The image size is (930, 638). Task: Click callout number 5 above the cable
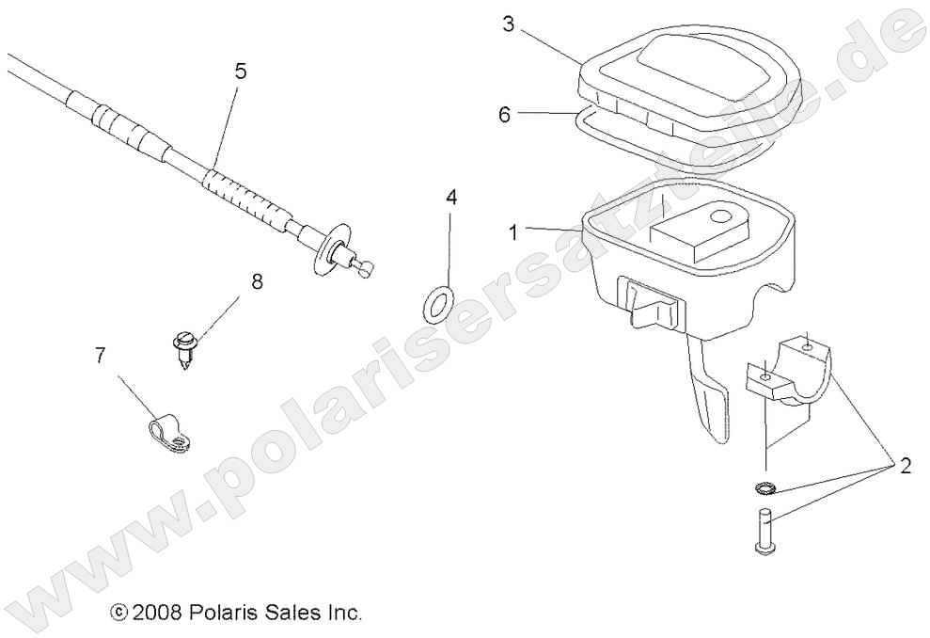pyautogui.click(x=241, y=70)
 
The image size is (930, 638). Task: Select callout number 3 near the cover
pyautogui.click(x=508, y=24)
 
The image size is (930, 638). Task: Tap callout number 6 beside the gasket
pyautogui.click(x=505, y=115)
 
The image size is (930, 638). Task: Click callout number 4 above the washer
pyautogui.click(x=451, y=198)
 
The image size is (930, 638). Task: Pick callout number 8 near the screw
pyautogui.click(x=256, y=280)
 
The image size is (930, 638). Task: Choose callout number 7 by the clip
pyautogui.click(x=101, y=355)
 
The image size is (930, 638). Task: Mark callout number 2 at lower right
pyautogui.click(x=905, y=466)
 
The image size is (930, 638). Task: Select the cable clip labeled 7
pyautogui.click(x=168, y=432)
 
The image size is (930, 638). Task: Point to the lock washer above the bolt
pyautogui.click(x=764, y=488)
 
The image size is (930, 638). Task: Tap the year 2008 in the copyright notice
pyautogui.click(x=150, y=613)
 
